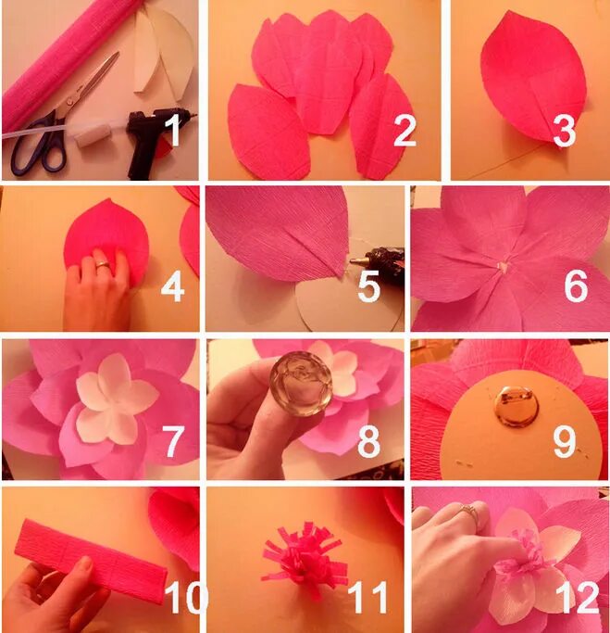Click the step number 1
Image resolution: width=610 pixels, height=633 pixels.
click(174, 130)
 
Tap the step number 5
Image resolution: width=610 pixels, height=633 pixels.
click(369, 285)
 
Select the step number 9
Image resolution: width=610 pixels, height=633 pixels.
click(565, 442)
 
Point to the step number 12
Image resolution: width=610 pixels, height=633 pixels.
click(577, 597)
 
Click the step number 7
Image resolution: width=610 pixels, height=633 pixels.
click(173, 441)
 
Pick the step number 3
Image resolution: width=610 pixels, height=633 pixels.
click(565, 131)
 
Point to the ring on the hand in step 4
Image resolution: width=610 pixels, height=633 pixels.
click(102, 265)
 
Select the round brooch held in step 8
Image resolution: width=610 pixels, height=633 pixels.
click(301, 383)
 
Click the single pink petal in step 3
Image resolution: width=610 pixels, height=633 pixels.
click(533, 77)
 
